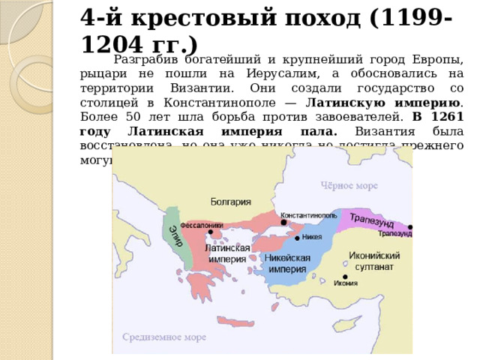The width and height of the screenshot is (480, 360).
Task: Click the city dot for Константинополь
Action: (283, 222)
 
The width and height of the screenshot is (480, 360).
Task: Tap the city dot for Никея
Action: (297, 238)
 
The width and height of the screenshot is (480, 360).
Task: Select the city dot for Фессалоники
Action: (211, 232)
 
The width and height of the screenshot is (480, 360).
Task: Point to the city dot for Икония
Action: (344, 276)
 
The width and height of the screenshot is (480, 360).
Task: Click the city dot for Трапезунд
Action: (410, 226)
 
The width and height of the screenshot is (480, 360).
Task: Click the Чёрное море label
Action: (349, 185)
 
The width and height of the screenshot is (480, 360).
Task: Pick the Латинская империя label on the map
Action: (226, 253)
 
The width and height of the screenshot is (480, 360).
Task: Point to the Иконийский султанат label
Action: (367, 259)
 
